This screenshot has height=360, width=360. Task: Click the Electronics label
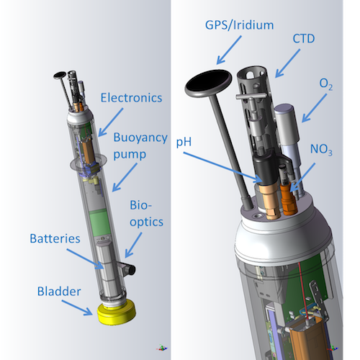[x=131, y=98]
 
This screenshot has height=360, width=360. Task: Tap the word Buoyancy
[x=140, y=138]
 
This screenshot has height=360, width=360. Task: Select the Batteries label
[x=55, y=238]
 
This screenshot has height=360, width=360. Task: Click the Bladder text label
[x=59, y=292]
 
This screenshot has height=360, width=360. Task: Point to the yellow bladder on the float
[x=117, y=312]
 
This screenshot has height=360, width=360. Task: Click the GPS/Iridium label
[x=239, y=25]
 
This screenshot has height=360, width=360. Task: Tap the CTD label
[x=304, y=39]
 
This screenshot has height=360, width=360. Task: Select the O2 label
[x=326, y=84]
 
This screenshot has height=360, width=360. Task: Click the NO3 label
[x=321, y=150]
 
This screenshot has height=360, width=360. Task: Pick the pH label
[x=184, y=142]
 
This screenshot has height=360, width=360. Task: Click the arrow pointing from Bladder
[x=77, y=307]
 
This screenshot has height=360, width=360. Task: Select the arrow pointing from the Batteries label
[x=85, y=259]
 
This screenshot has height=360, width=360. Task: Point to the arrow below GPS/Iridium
[x=229, y=50]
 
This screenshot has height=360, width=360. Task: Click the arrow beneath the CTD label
[x=287, y=63]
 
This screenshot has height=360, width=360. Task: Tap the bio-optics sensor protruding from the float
[x=127, y=269]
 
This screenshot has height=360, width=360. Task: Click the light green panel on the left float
[x=99, y=222]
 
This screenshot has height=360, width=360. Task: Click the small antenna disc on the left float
[x=60, y=75]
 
